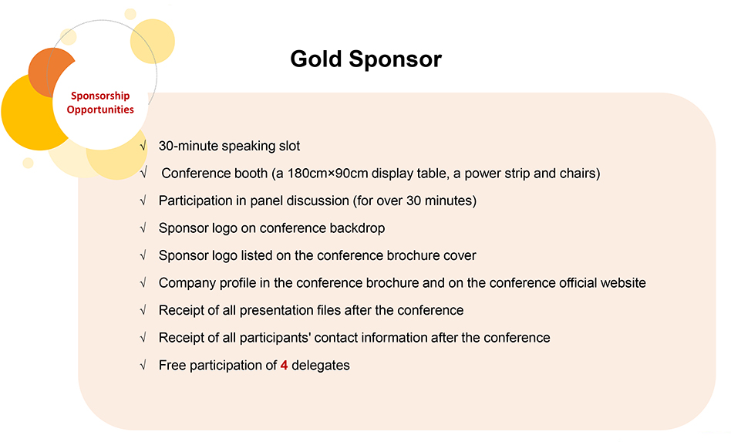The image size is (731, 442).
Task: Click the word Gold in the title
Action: point(316,59)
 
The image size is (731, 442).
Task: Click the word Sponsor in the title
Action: point(396,59)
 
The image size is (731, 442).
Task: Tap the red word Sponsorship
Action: point(100,96)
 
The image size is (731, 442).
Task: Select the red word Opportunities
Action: point(100,110)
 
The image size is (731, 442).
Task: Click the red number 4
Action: point(284,365)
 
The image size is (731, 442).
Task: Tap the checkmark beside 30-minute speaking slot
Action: point(143,146)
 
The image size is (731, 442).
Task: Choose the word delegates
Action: point(321,365)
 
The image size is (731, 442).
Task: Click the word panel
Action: point(266,201)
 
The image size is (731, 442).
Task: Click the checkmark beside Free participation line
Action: point(143,365)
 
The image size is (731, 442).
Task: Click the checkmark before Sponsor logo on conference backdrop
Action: point(143,228)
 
